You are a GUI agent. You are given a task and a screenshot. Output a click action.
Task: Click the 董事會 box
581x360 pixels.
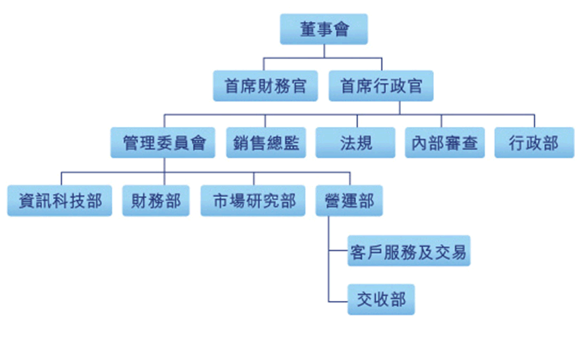[324, 30]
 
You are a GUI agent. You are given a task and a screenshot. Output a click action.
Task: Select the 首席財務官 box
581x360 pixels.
[265, 86]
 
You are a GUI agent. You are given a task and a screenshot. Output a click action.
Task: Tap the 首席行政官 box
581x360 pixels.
[380, 86]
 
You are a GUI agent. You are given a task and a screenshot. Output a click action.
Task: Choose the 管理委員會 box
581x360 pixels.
[163, 143]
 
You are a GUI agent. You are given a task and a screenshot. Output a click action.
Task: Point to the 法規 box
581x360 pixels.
[355, 143]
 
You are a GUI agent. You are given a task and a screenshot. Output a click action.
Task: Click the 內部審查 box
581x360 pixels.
[445, 143]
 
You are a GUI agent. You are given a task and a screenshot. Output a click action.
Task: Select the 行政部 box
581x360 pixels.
[534, 143]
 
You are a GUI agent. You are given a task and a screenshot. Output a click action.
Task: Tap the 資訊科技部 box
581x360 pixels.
[60, 201]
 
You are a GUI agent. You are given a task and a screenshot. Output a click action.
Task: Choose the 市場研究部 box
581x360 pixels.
[253, 201]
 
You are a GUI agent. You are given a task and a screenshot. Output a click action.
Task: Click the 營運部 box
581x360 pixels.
[349, 201]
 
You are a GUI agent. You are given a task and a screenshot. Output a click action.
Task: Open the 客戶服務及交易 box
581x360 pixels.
[408, 253]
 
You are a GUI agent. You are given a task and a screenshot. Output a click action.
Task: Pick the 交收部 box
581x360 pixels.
[381, 299]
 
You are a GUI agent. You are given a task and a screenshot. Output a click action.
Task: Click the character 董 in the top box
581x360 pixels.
[308, 30]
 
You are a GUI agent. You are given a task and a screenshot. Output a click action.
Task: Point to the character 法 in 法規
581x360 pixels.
[347, 143]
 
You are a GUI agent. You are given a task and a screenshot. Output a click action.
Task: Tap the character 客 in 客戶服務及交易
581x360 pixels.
[358, 253]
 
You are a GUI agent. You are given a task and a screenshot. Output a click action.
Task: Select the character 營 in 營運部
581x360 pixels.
[333, 201]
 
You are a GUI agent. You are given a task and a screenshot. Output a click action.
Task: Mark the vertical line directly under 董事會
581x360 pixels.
[324, 51]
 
